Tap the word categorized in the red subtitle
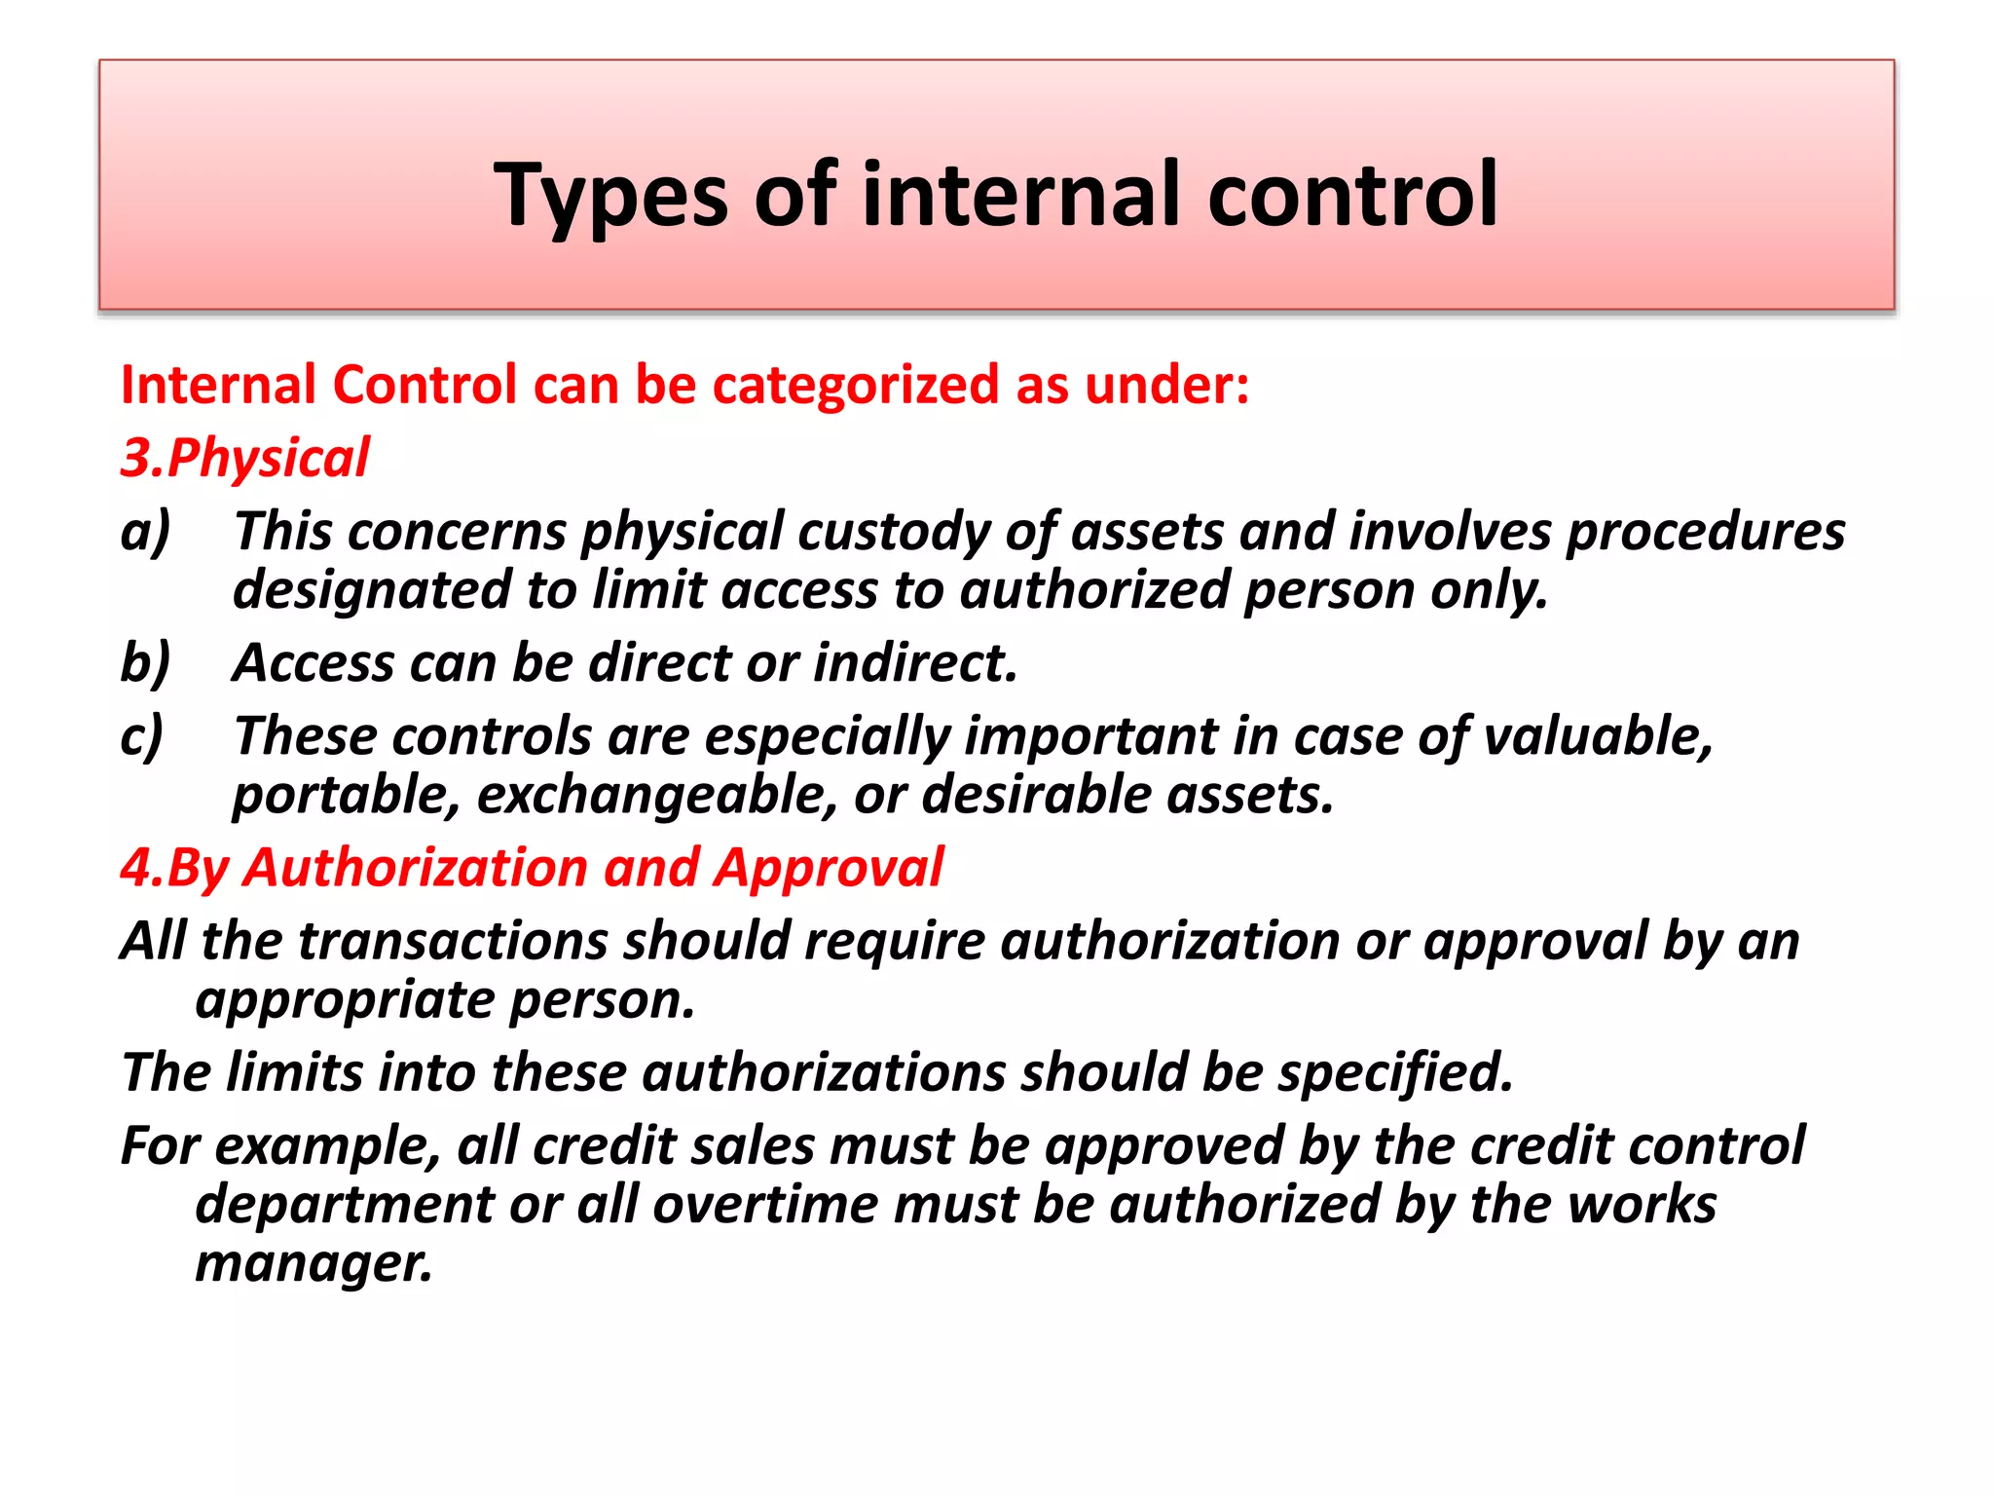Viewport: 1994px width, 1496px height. pyautogui.click(x=855, y=385)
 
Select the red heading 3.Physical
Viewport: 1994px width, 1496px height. pyautogui.click(x=245, y=458)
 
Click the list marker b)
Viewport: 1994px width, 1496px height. pyautogui.click(x=145, y=663)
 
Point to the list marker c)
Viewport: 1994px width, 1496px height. pyautogui.click(x=142, y=737)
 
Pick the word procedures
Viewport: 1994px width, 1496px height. pyautogui.click(x=1704, y=533)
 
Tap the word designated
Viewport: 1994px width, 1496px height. pyautogui.click(x=372, y=591)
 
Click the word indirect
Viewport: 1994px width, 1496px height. pyautogui.click(x=915, y=663)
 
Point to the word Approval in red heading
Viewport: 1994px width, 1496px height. pyautogui.click(x=828, y=868)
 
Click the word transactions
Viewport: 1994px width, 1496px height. pyautogui.click(x=453, y=942)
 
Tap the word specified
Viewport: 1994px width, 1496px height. pyautogui.click(x=1395, y=1073)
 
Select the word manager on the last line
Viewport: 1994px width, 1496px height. pyautogui.click(x=313, y=1264)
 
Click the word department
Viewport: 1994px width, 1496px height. pyautogui.click(x=344, y=1206)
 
